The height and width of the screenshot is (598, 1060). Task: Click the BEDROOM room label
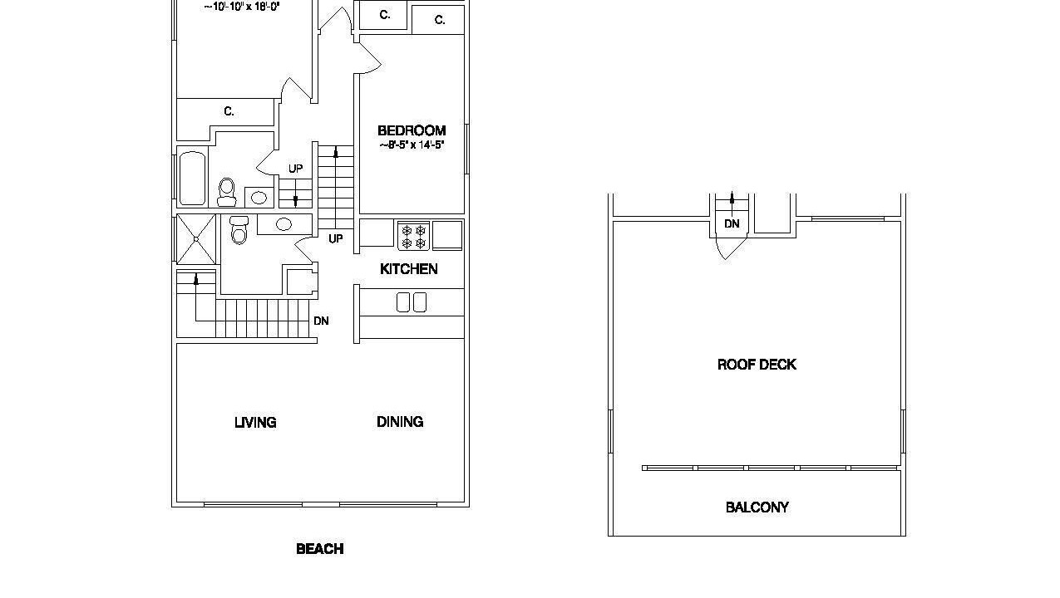click(412, 130)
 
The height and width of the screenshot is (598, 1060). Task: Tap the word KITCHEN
click(409, 269)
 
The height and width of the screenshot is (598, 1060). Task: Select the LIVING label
click(255, 422)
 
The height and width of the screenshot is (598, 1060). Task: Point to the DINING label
click(400, 422)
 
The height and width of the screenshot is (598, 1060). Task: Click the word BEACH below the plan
click(320, 549)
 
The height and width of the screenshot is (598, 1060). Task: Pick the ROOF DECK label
click(757, 365)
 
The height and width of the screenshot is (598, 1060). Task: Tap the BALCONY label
click(757, 507)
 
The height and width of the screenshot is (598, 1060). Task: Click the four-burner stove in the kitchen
click(413, 236)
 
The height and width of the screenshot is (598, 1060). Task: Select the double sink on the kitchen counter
click(412, 302)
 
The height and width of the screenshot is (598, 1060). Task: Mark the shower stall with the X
click(196, 239)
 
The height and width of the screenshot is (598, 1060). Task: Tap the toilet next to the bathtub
click(227, 192)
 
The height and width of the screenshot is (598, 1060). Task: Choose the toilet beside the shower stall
click(239, 230)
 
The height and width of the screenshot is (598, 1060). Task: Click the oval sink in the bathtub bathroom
click(259, 197)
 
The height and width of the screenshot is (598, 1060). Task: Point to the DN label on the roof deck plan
click(732, 223)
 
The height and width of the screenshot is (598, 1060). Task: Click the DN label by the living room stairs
click(321, 321)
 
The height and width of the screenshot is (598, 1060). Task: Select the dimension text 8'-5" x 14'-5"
click(412, 145)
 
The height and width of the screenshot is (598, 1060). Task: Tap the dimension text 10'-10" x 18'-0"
click(242, 7)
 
